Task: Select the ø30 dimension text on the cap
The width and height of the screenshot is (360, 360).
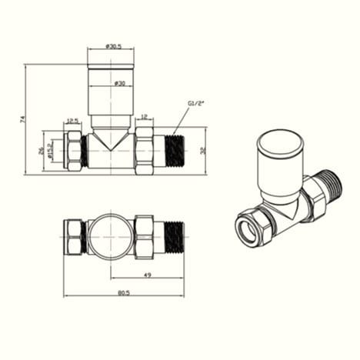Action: tap(120, 83)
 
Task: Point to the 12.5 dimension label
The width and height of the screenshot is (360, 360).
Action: tap(73, 120)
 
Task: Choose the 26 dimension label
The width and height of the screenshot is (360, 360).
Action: tap(42, 152)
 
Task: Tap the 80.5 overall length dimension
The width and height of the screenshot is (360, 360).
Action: tap(123, 292)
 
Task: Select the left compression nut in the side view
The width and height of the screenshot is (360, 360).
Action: tap(74, 152)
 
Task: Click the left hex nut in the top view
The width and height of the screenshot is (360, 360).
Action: tap(74, 238)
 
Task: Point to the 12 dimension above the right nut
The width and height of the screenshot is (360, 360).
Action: tap(144, 117)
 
